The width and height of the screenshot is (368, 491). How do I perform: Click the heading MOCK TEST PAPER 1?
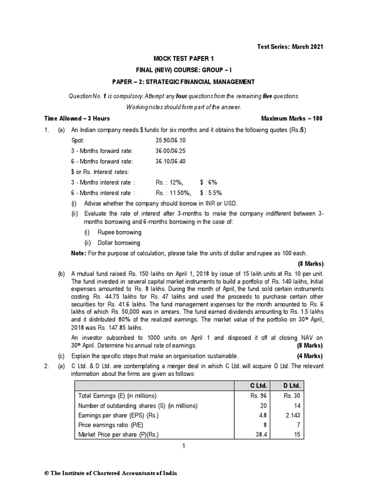(184, 58)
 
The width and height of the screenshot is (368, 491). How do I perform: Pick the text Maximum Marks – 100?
(292, 118)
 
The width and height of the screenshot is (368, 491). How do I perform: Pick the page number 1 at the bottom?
(184, 446)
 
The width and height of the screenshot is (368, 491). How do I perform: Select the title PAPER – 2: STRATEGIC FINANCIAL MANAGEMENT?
(184, 82)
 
